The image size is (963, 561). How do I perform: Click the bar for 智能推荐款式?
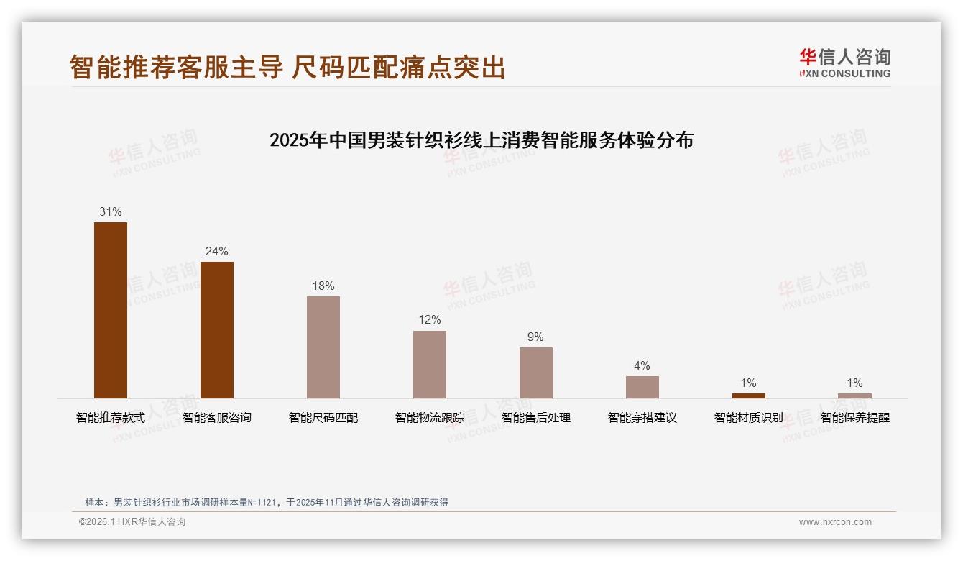(111, 310)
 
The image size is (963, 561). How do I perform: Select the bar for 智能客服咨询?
(217, 329)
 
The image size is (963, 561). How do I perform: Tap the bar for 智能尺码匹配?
(323, 347)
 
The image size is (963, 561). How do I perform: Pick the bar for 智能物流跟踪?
(430, 365)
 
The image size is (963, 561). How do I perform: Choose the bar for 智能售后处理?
(536, 373)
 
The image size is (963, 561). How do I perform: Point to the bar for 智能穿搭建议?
(642, 387)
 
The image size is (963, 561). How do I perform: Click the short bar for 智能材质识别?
(748, 396)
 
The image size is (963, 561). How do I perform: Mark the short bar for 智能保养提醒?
(854, 396)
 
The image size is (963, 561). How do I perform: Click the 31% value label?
(111, 211)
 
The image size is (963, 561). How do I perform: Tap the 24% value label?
(217, 251)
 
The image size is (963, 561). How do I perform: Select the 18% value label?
(323, 286)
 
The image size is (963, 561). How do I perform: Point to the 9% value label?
(536, 337)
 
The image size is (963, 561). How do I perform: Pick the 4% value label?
(642, 365)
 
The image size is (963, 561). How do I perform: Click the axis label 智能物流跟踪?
(430, 417)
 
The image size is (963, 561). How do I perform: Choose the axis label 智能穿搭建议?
(642, 417)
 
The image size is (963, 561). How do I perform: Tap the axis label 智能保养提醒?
(854, 417)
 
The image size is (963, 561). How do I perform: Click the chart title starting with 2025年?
(481, 140)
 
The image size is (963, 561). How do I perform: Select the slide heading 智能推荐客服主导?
(176, 67)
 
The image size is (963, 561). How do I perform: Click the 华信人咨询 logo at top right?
(844, 63)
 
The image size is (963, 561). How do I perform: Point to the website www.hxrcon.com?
(835, 522)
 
